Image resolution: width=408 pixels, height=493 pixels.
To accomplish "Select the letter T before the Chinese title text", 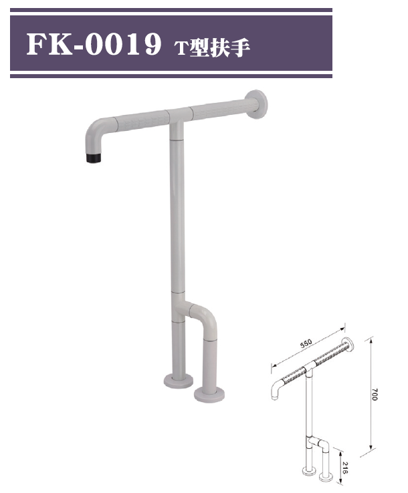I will click(x=180, y=47).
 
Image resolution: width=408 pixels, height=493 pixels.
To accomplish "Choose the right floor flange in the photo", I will click(x=209, y=393).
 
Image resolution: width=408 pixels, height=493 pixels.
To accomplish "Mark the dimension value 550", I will click(x=306, y=344).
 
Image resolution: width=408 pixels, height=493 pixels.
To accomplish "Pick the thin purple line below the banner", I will click(x=171, y=76).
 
